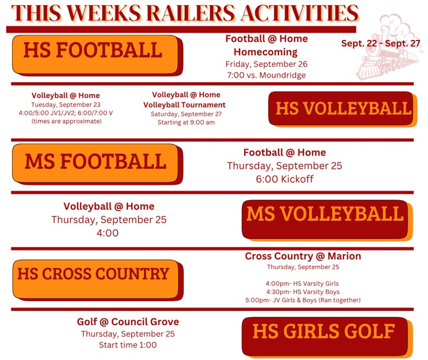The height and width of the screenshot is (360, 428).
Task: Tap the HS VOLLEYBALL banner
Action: coord(343,109)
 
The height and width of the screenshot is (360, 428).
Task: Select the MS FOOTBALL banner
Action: coord(98,164)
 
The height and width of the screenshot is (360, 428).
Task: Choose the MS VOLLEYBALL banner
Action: coord(328,221)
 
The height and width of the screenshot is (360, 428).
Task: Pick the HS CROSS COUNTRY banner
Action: coord(98,280)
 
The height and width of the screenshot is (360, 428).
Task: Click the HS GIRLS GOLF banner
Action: coord(328,337)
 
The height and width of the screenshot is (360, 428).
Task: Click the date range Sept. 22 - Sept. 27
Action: coord(381,43)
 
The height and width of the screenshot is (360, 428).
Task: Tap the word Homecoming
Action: coord(265,52)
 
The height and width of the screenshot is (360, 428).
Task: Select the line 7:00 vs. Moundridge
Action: coord(267,75)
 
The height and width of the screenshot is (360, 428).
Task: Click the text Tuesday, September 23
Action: coord(66,104)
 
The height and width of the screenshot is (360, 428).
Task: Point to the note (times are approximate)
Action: coord(66,121)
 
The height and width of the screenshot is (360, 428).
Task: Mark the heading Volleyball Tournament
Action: coord(184,105)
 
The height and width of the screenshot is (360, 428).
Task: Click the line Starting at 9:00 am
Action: coord(186,122)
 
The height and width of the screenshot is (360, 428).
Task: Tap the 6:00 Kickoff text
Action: coord(285,179)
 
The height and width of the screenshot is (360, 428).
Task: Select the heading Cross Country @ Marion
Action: coord(303,256)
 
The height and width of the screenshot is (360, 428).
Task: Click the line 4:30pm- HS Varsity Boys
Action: coord(303,292)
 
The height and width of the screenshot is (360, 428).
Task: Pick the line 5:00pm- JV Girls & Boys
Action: coord(303,300)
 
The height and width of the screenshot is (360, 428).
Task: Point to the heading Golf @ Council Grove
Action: coord(128,322)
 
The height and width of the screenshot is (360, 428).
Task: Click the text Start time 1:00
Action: coord(128,345)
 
